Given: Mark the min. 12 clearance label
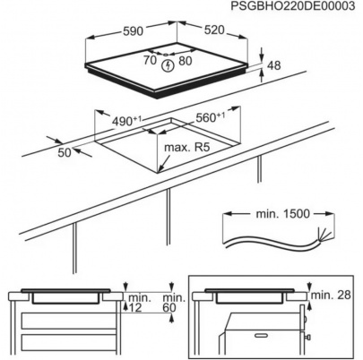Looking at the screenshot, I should (137, 303).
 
